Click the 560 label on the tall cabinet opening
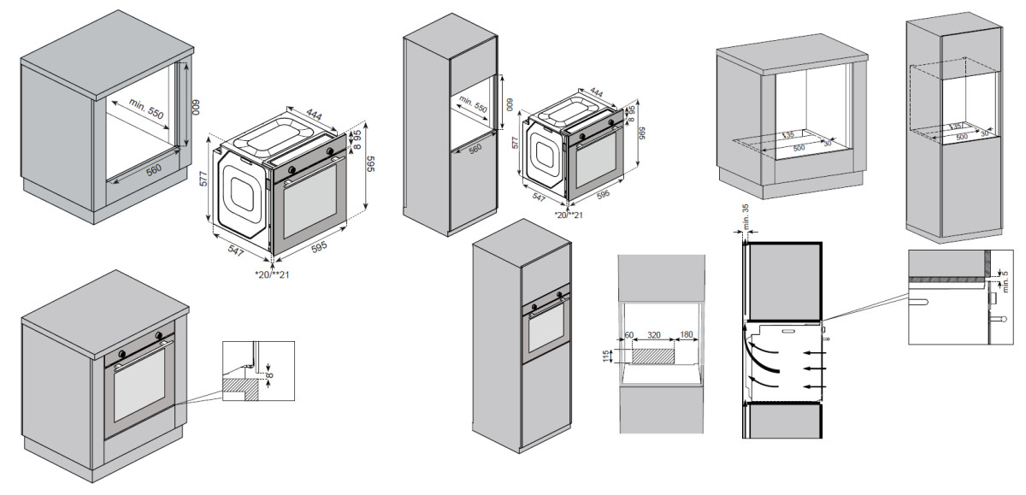(x=475, y=147)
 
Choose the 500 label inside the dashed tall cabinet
(x=961, y=137)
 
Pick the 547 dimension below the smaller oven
(x=540, y=197)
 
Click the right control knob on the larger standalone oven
(x=330, y=150)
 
